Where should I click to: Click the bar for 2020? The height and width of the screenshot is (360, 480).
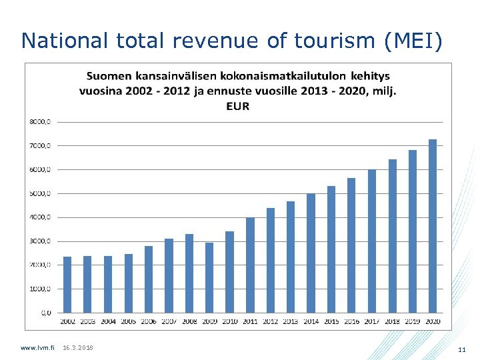pyautogui.click(x=433, y=226)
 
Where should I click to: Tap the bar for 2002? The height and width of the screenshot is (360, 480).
pyautogui.click(x=67, y=285)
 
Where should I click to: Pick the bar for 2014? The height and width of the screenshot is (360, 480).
pyautogui.click(x=311, y=253)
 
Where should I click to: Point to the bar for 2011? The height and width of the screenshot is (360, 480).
pyautogui.click(x=250, y=265)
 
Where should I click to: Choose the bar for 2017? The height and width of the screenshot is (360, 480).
pyautogui.click(x=372, y=241)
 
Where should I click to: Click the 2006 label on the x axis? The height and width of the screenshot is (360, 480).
pyautogui.click(x=149, y=322)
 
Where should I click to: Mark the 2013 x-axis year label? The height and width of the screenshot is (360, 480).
pyautogui.click(x=291, y=322)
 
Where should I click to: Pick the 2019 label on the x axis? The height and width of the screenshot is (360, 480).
pyautogui.click(x=413, y=322)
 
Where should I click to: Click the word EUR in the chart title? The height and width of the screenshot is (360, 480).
pyautogui.click(x=237, y=107)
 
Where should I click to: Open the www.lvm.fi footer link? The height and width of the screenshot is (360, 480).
pyautogui.click(x=38, y=348)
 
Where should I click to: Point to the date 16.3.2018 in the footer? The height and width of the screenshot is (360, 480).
pyautogui.click(x=78, y=348)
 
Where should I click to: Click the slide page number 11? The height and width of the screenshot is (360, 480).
pyautogui.click(x=461, y=349)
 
